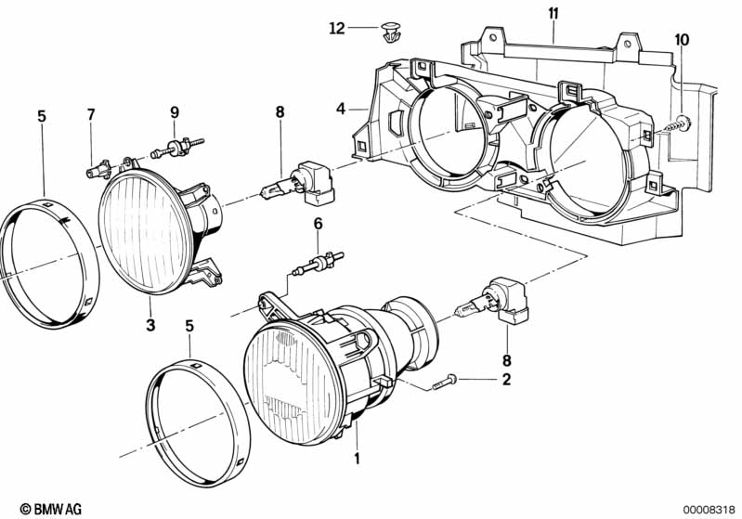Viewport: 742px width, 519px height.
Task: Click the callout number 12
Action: (336, 29)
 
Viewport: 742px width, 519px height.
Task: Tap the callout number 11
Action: (553, 13)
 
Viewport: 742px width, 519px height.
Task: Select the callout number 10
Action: (683, 39)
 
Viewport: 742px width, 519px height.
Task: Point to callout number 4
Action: (342, 109)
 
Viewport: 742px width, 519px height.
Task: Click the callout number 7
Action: (91, 115)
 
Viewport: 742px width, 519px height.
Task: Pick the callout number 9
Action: (174, 115)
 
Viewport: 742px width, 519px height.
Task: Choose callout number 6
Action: (318, 224)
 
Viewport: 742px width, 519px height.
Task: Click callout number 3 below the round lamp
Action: (150, 325)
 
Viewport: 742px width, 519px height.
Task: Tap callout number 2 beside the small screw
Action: (506, 379)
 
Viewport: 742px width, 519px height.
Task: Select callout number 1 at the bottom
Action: (357, 457)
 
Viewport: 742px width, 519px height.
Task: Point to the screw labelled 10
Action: (682, 121)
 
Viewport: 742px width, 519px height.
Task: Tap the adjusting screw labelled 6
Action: (318, 264)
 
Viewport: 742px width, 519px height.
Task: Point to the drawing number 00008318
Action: (709, 508)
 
